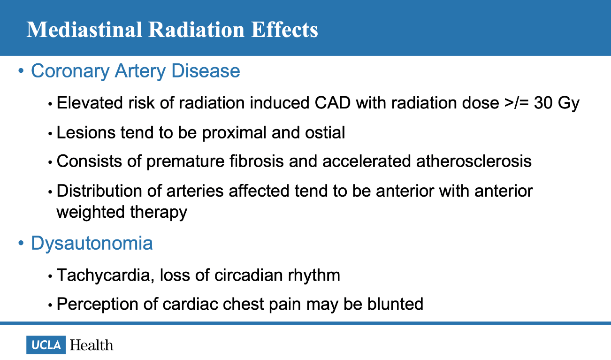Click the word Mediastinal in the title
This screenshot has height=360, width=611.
[x=84, y=30]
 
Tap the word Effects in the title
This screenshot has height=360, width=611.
[x=284, y=30]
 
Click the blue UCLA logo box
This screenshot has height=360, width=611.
[x=46, y=345]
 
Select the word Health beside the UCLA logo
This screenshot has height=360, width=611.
[x=92, y=345]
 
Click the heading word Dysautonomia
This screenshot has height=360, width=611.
[x=92, y=243]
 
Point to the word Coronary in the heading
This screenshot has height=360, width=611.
[x=70, y=71]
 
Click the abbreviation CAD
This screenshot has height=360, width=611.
[x=333, y=103]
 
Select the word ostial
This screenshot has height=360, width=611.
[x=325, y=132]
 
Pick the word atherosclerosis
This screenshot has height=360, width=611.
[x=474, y=161]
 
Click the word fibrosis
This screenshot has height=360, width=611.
[x=256, y=161]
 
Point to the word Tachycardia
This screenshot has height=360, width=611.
[x=103, y=275]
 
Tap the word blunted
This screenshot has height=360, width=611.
[x=395, y=304]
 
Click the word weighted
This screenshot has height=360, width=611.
[x=91, y=212]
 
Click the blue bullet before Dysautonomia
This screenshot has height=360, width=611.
[x=21, y=243]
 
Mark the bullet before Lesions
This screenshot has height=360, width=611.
[x=50, y=134]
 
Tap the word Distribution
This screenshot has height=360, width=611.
[x=99, y=191]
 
